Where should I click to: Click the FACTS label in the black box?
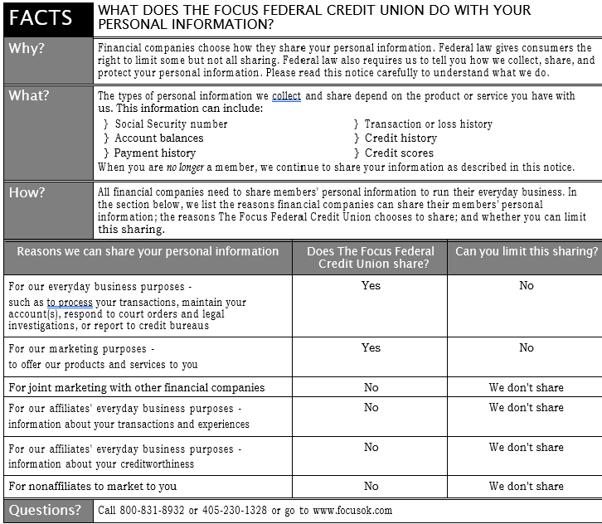41,17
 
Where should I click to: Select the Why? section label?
27,48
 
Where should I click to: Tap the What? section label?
29,95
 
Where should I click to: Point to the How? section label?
27,192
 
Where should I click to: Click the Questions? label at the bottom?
46,510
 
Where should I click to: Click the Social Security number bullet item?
171,124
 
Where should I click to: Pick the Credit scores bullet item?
399,153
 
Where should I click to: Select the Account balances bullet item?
158,138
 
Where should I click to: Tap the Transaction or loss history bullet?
428,124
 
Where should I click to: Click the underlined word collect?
286,96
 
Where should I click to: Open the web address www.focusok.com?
352,511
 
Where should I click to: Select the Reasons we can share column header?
148,251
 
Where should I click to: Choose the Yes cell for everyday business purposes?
371,285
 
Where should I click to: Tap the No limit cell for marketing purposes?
527,347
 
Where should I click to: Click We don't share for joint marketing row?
527,387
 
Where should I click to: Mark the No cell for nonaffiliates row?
371,486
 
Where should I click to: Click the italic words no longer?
184,167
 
